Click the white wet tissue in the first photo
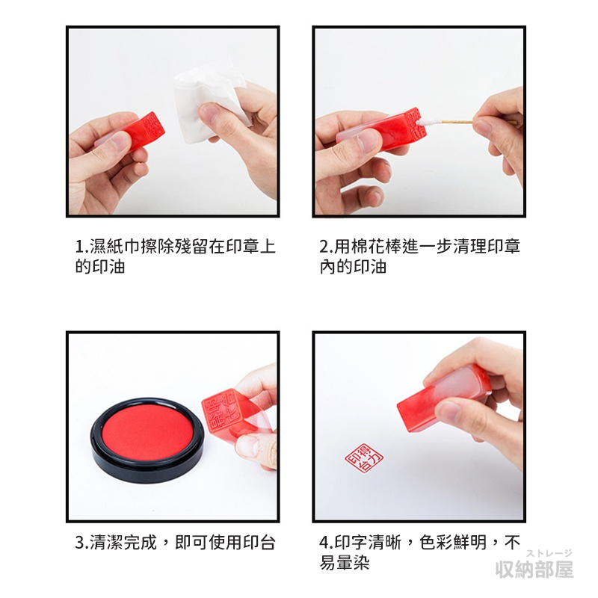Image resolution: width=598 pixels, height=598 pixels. pyautogui.click(x=208, y=103)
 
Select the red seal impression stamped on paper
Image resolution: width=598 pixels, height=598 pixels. pyautogui.click(x=364, y=457)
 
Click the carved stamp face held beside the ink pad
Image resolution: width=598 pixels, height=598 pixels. pyautogui.click(x=221, y=414)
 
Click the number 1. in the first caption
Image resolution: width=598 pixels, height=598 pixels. pyautogui.click(x=81, y=247)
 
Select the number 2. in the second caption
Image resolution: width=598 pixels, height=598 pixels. pyautogui.click(x=327, y=247)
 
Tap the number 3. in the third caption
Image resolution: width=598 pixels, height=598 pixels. pyautogui.click(x=82, y=543)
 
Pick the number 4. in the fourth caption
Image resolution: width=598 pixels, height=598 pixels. pyautogui.click(x=327, y=543)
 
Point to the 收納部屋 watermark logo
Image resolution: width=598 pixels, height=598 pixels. pyautogui.click(x=534, y=569)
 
